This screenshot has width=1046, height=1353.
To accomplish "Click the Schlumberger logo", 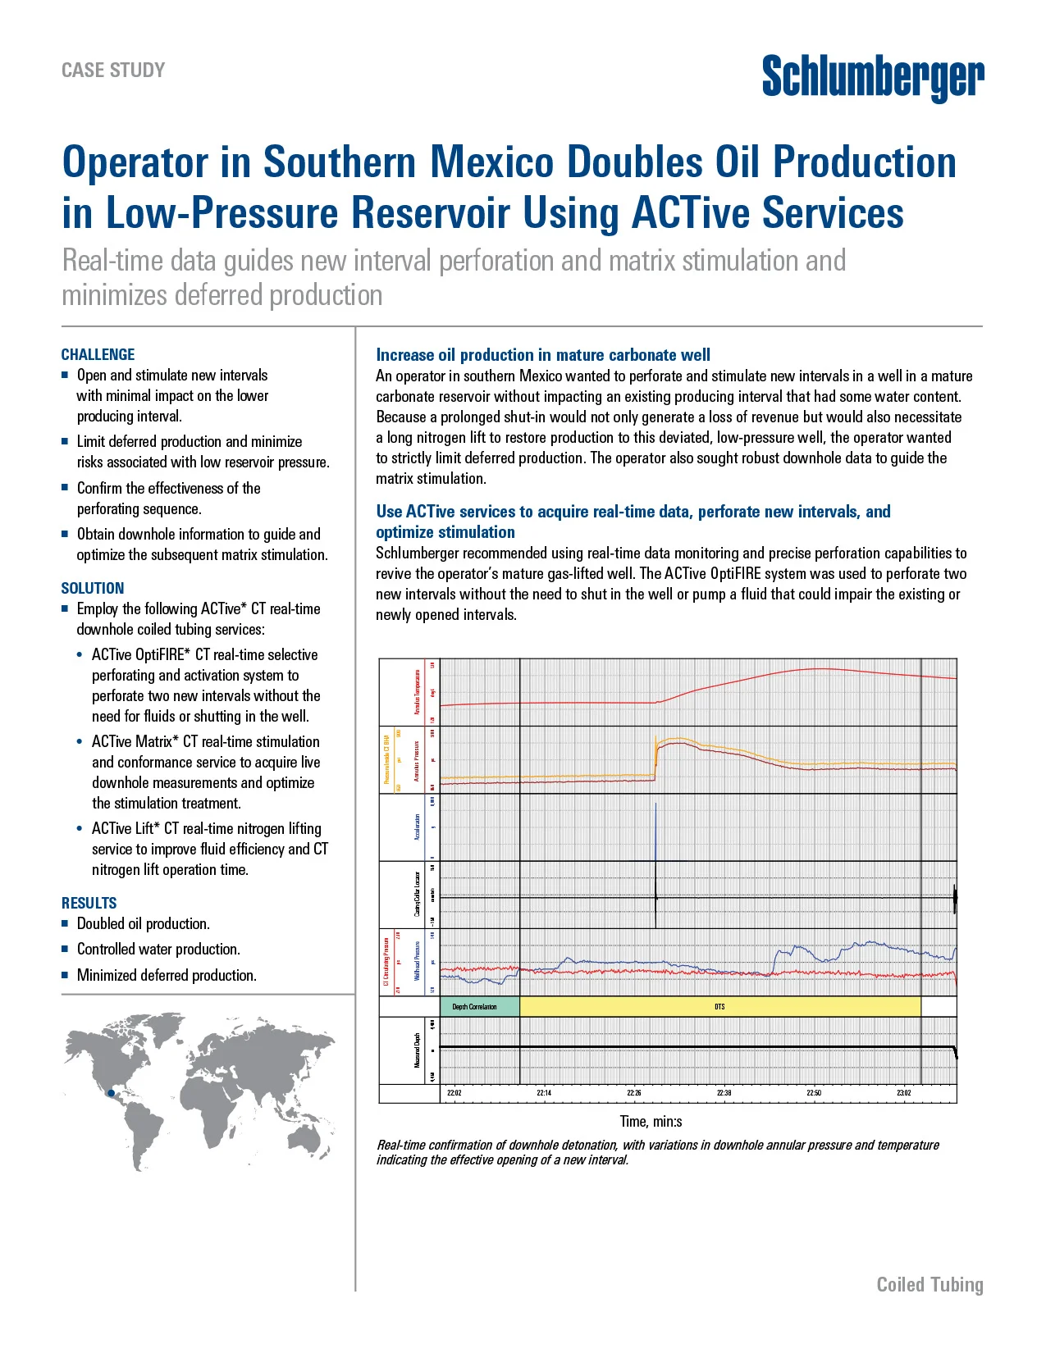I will (x=873, y=78).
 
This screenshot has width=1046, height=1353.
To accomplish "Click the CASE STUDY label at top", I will (x=113, y=71).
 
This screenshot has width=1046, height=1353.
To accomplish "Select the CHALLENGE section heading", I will (x=98, y=354).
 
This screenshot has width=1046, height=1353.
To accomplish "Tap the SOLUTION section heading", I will (x=93, y=588).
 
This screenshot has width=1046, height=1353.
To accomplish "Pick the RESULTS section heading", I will (x=89, y=903).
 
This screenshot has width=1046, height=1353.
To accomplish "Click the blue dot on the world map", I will (x=111, y=1093).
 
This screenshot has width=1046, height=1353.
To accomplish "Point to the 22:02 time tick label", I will (x=454, y=1093).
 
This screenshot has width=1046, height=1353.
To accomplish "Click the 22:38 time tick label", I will (x=724, y=1093).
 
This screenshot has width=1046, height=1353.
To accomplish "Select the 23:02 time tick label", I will (x=903, y=1093).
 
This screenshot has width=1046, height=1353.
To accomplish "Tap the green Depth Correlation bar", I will (x=479, y=1006).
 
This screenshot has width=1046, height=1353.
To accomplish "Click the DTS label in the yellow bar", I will (x=719, y=1006).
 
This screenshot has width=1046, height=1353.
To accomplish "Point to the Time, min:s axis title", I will (x=651, y=1121).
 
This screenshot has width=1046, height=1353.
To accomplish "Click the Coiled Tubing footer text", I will (x=930, y=1284).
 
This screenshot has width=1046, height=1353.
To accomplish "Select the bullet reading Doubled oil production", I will (x=143, y=923).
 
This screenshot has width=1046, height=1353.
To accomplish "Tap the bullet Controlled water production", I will (x=158, y=949).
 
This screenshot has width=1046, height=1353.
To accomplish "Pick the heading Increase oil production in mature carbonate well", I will (x=543, y=355).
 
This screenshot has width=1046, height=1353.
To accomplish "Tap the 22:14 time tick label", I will (x=544, y=1093).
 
